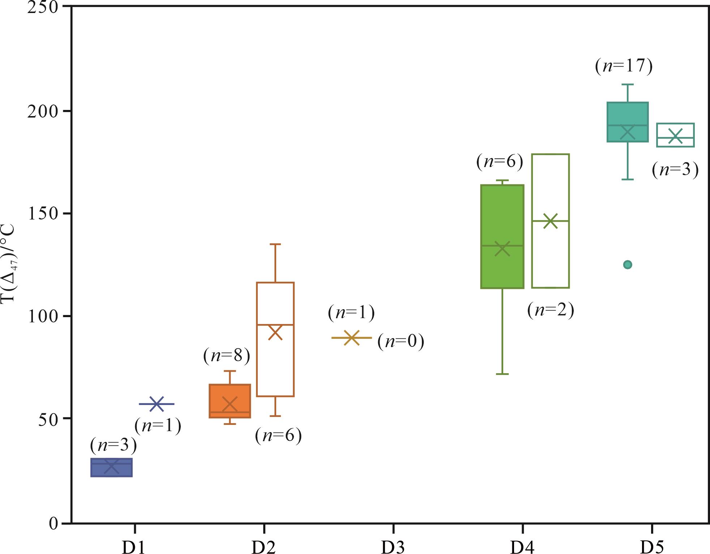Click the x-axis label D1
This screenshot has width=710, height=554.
tap(134, 547)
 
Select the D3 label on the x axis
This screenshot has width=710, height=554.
tap(393, 547)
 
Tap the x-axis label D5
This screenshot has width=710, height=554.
tap(652, 547)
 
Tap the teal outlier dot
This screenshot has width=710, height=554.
tap(628, 265)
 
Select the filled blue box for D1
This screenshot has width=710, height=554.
tap(111, 468)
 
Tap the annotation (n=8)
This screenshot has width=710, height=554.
tap(227, 356)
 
